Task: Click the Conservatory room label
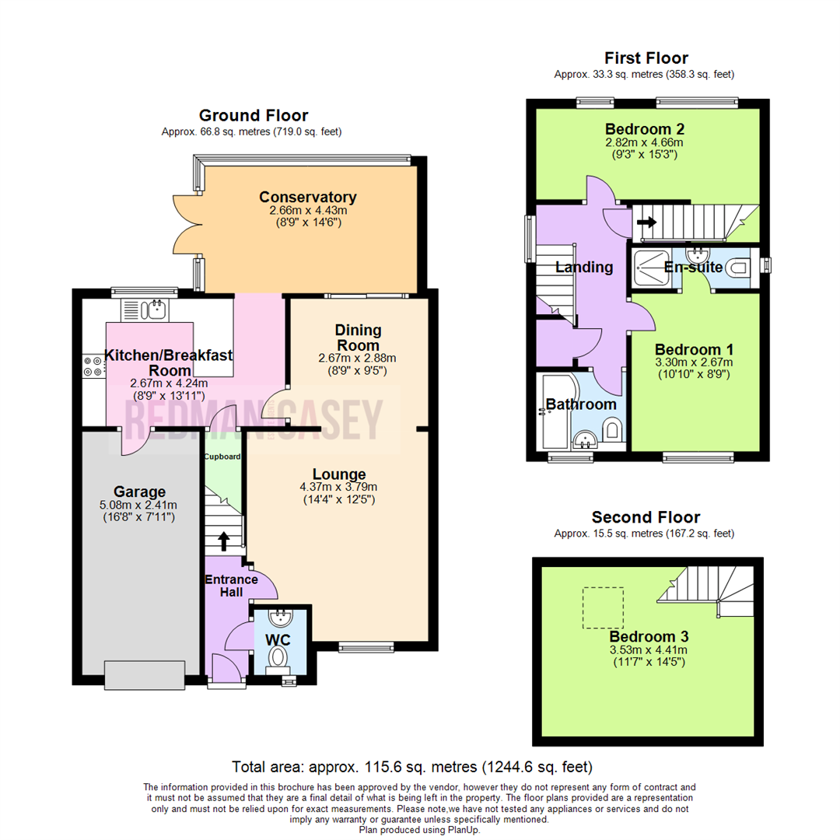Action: pos(307,197)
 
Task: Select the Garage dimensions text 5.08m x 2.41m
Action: pos(140,506)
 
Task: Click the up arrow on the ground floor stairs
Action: pos(225,541)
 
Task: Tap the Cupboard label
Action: pos(222,457)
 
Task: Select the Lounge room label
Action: pos(339,474)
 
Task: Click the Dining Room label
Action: pos(358,338)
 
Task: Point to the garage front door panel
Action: pos(145,674)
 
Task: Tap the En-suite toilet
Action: pos(737,268)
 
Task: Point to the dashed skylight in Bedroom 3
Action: pos(604,607)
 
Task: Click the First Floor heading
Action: pos(646,58)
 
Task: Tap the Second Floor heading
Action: pos(646,517)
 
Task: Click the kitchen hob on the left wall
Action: pos(93,366)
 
